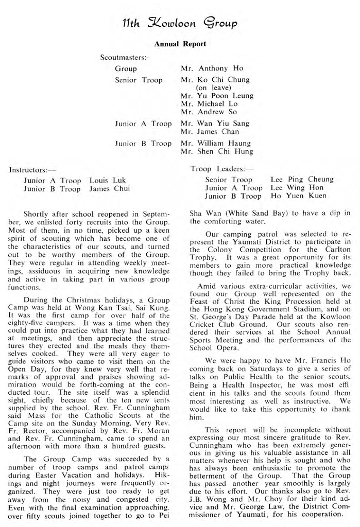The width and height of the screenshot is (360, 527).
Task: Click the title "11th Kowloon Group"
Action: (180, 23)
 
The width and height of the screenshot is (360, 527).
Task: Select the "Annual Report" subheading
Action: (180, 44)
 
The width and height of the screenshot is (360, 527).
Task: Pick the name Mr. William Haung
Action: (216, 143)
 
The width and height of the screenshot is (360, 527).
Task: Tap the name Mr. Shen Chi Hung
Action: (217, 151)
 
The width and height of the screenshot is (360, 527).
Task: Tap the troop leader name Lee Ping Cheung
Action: (302, 180)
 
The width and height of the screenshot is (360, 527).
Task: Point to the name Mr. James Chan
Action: (210, 131)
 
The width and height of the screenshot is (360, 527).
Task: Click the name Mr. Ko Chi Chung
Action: (215, 80)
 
